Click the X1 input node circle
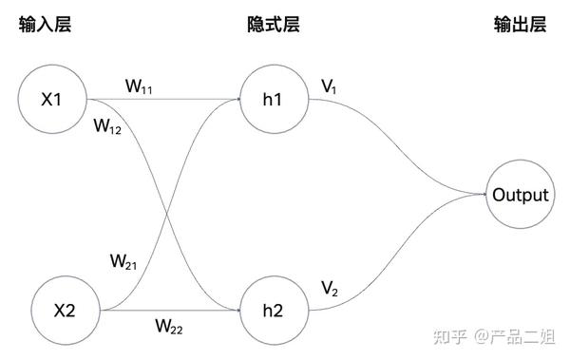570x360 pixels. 52,97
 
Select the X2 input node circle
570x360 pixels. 64,310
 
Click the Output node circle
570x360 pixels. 520,196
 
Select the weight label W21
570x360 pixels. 124,260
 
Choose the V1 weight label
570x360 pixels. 329,87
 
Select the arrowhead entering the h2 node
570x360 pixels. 237,310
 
